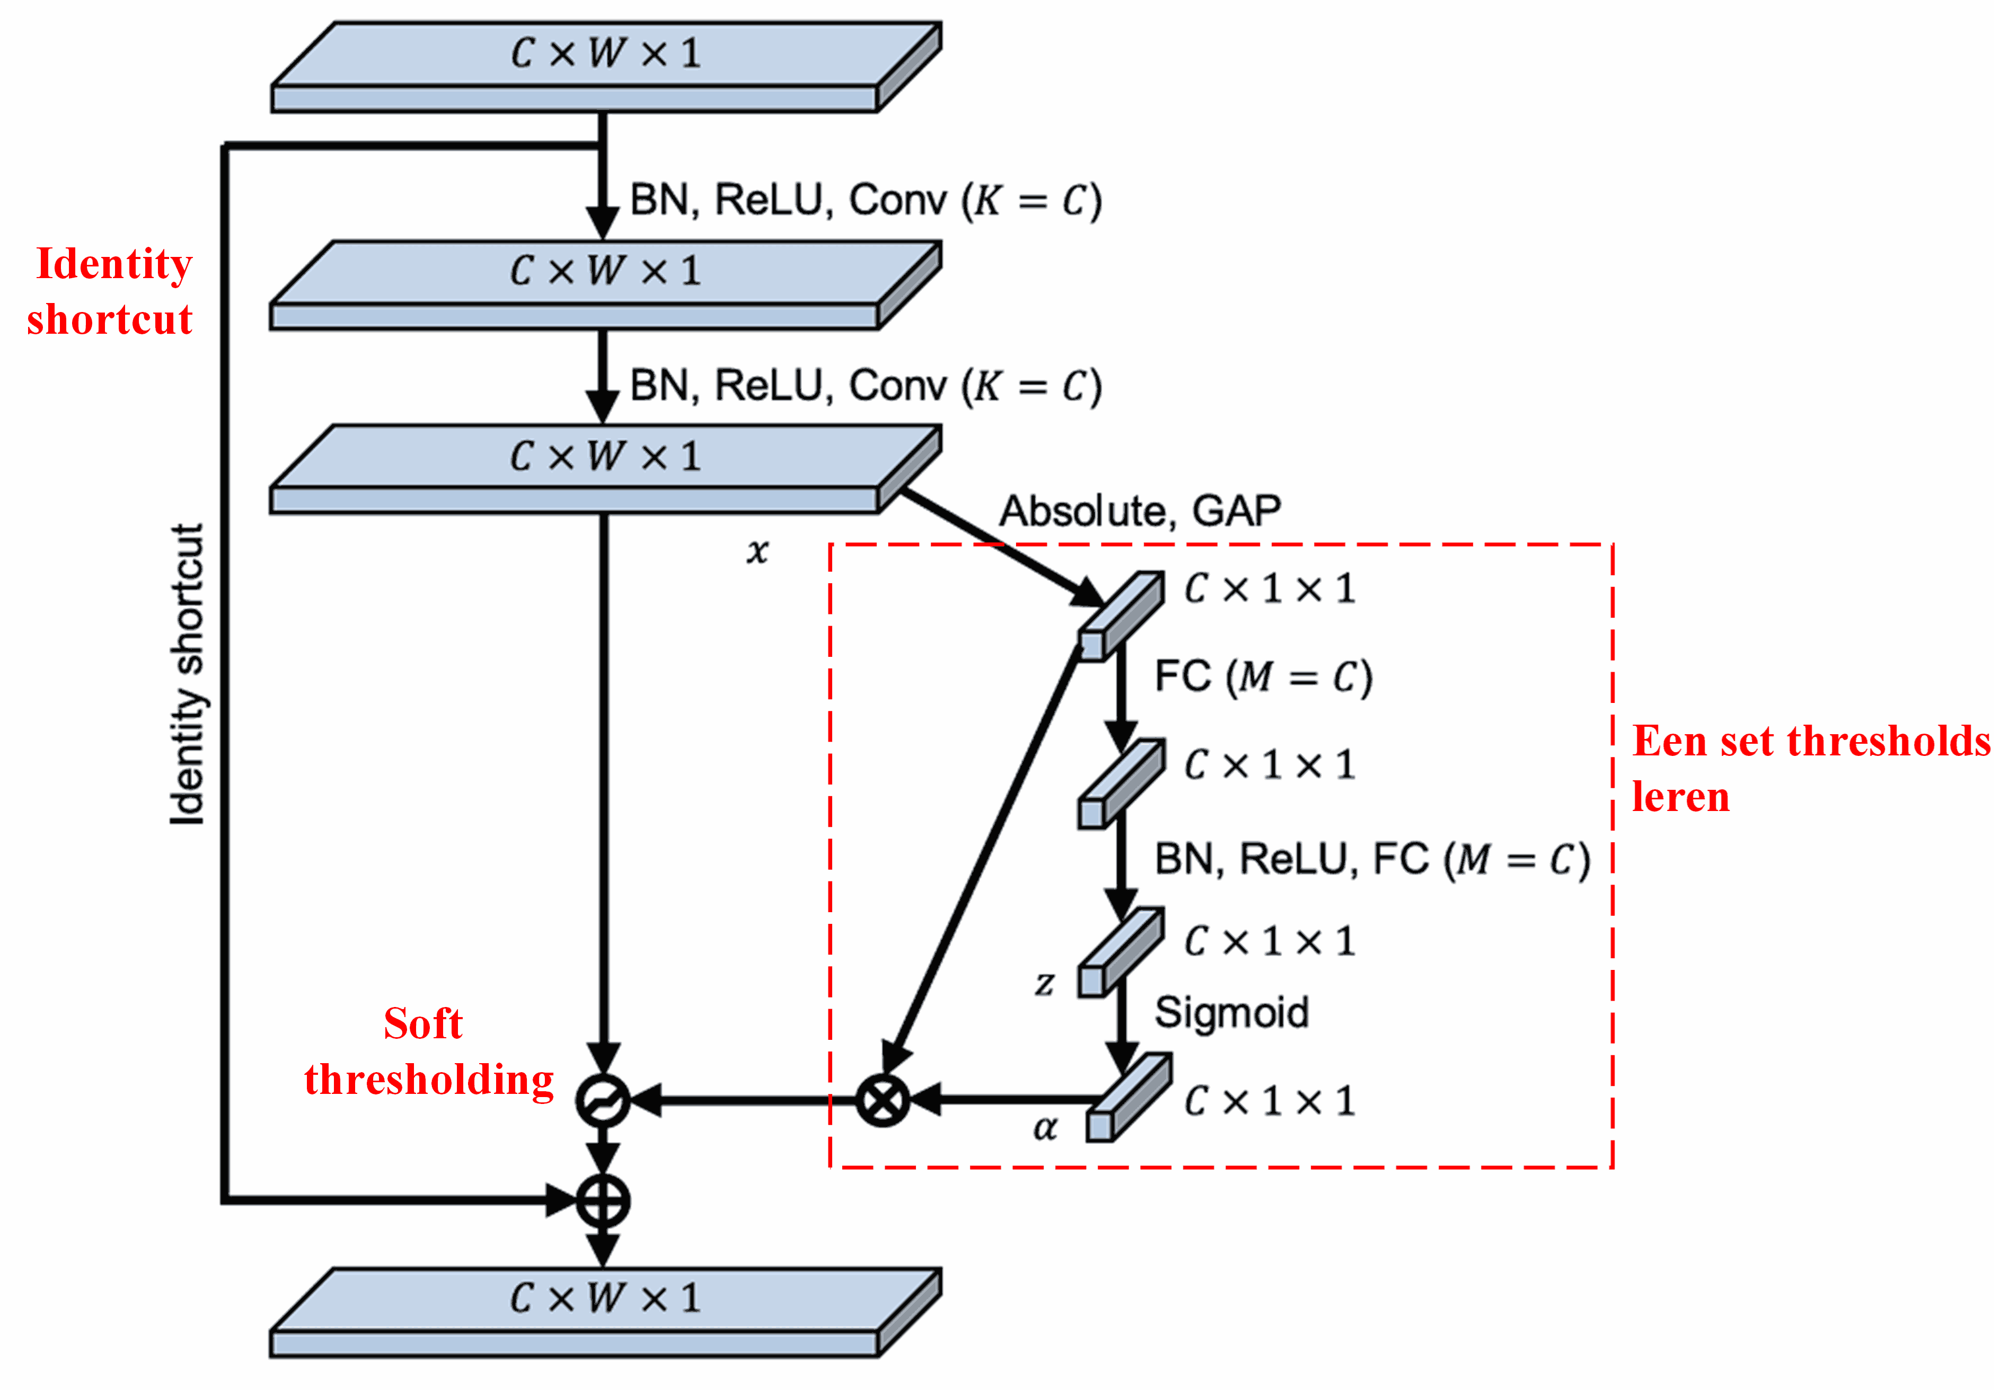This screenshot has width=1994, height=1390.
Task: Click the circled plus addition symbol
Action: tap(603, 1201)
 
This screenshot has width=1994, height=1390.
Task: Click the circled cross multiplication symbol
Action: tap(883, 1100)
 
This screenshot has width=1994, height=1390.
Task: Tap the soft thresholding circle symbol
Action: tap(603, 1101)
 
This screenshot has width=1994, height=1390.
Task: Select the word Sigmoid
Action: tap(1231, 1012)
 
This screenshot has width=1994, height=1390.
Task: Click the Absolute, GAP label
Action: tap(1140, 511)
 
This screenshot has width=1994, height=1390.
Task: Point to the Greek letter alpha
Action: tap(1045, 1128)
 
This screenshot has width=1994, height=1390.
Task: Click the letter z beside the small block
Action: tap(1044, 984)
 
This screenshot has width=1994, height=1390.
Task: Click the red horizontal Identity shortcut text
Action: tap(110, 292)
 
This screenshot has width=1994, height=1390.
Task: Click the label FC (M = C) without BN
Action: tap(1263, 677)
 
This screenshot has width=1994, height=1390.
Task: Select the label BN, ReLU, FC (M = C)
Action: tap(1371, 860)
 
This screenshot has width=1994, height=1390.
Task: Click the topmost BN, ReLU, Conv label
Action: tap(865, 201)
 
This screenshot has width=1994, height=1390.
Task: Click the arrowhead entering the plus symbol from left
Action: tap(561, 1201)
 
